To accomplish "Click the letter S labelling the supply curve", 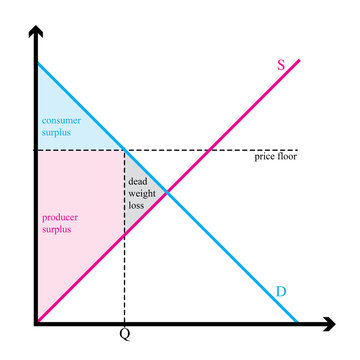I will tap(281, 66).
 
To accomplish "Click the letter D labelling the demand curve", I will tap(281, 291).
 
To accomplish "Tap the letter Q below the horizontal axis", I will tap(124, 335).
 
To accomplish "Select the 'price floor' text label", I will tap(275, 158).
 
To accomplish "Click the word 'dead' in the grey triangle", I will tap(137, 181).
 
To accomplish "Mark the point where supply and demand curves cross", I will tap(166, 192).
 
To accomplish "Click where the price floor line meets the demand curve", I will tap(123, 150).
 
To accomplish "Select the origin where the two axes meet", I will tap(36, 323).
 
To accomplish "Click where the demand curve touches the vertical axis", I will tap(37, 63).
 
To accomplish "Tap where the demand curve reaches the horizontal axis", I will tap(297, 322).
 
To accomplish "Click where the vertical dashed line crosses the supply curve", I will tap(123, 235).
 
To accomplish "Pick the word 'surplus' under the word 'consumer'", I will tap(56, 131).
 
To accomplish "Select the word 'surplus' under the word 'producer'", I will tap(56, 229).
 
